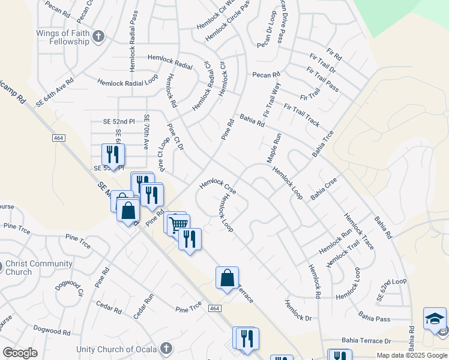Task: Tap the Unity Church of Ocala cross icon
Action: [166, 349]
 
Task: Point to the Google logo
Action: [19, 353]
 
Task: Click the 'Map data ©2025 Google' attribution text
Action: [412, 355]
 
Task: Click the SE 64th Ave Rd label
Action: [54, 92]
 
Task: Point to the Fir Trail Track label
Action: [301, 115]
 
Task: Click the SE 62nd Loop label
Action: [391, 289]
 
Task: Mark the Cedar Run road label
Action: [144, 305]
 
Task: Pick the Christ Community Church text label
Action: [39, 268]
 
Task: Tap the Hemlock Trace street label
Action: [359, 231]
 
